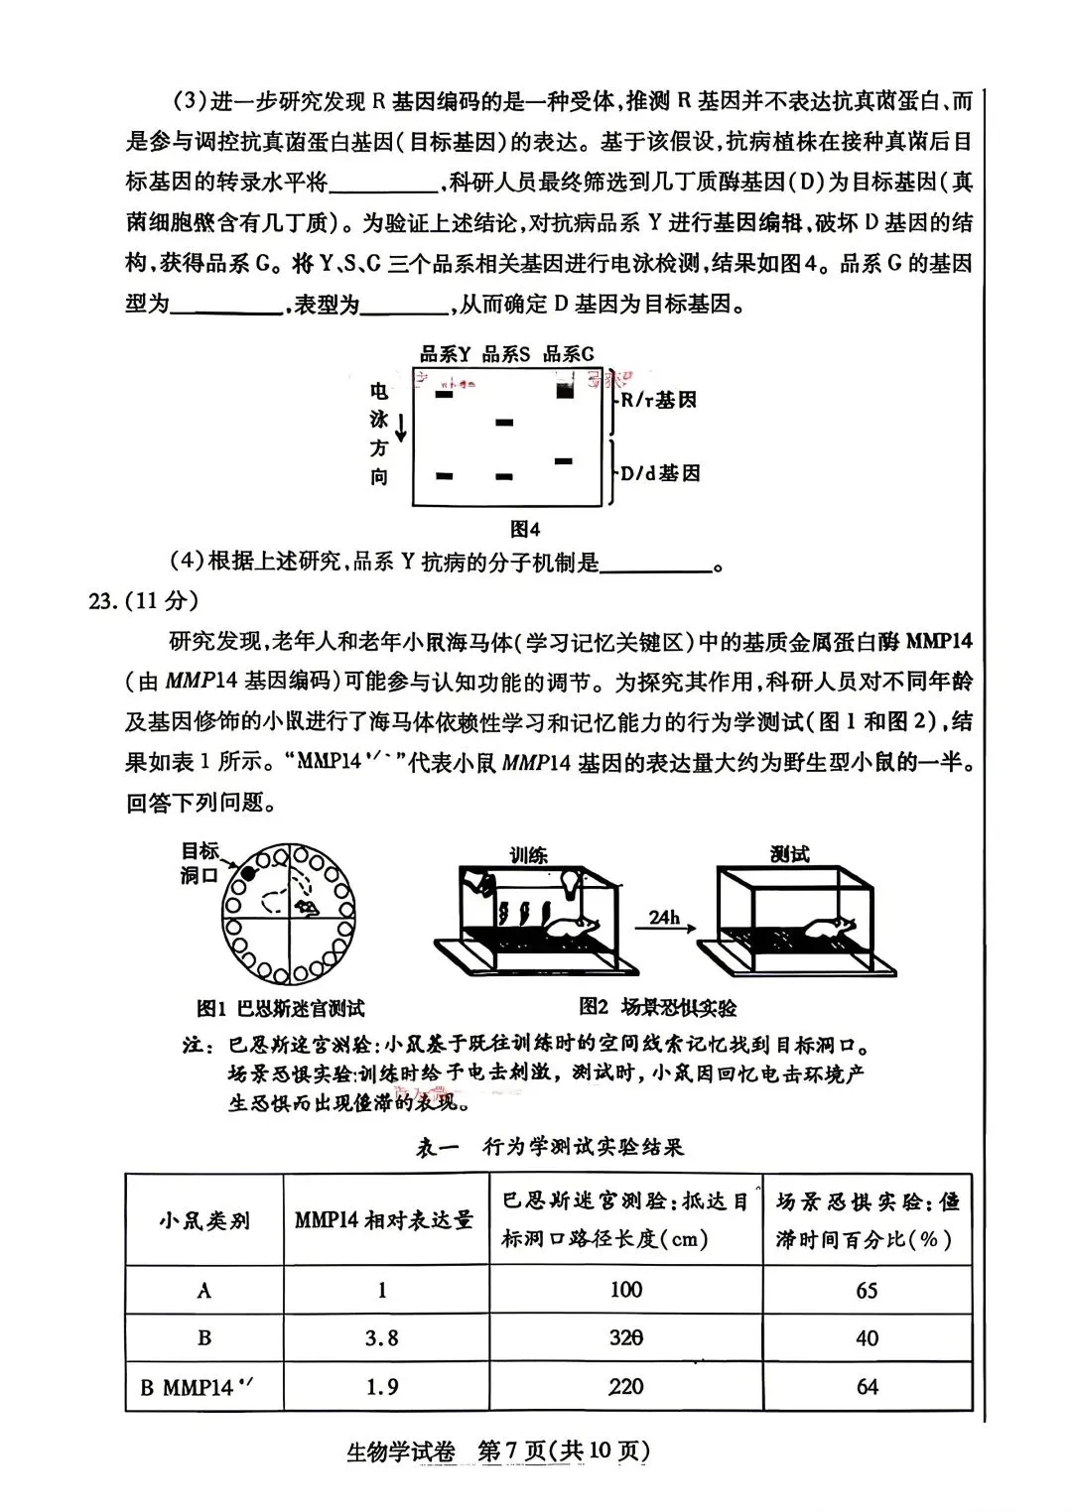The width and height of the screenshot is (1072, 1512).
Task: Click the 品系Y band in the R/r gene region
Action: [x=444, y=395]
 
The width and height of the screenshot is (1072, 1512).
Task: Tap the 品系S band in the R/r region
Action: [x=504, y=423]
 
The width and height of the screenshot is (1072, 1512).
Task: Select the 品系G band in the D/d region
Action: [x=564, y=461]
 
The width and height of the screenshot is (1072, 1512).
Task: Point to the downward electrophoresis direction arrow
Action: [x=401, y=429]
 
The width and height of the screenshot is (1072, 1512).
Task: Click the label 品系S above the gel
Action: [x=505, y=354]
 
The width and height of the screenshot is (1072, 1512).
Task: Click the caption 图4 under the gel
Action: [x=524, y=529]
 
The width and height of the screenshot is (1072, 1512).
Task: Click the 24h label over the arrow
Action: [x=664, y=917]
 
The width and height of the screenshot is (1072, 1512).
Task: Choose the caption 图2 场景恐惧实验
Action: [x=658, y=1007]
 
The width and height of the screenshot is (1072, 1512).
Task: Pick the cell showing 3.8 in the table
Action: [x=381, y=1337]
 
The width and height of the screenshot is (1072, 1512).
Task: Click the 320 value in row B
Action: [x=625, y=1337]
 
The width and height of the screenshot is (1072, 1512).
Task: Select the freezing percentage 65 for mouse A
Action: [x=867, y=1290]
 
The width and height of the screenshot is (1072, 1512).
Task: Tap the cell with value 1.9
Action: [x=381, y=1386]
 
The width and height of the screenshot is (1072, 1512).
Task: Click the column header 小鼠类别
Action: [x=203, y=1220]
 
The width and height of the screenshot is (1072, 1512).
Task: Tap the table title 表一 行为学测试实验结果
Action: [x=549, y=1147]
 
